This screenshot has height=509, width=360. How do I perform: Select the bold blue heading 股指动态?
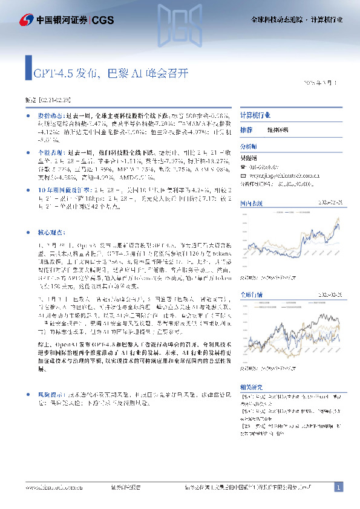click(50, 115)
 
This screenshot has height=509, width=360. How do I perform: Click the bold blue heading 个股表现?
click(50, 154)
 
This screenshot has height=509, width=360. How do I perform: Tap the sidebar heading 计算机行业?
click(255, 115)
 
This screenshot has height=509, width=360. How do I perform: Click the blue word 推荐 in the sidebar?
click(246, 130)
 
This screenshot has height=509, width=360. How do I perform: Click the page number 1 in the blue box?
click(339, 487)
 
